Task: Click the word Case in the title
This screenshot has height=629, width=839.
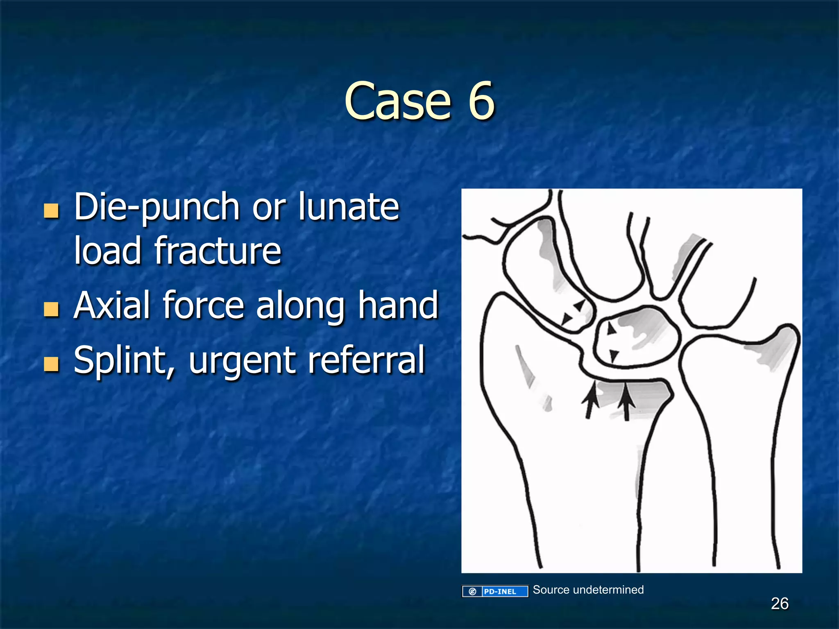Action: point(397,101)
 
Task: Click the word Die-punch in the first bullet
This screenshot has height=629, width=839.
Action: point(156,207)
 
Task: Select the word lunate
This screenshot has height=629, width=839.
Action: point(348,206)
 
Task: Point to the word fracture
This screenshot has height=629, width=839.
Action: point(218,251)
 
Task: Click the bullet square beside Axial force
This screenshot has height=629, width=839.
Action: point(51,310)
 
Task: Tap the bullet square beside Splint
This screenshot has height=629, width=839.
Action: point(51,364)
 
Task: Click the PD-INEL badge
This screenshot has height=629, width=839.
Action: point(495,591)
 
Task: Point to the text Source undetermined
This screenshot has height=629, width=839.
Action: point(588,590)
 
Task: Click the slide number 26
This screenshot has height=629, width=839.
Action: point(779,604)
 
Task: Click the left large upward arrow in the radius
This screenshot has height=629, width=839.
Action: point(590,401)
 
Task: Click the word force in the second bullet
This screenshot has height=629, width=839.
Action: point(203,305)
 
